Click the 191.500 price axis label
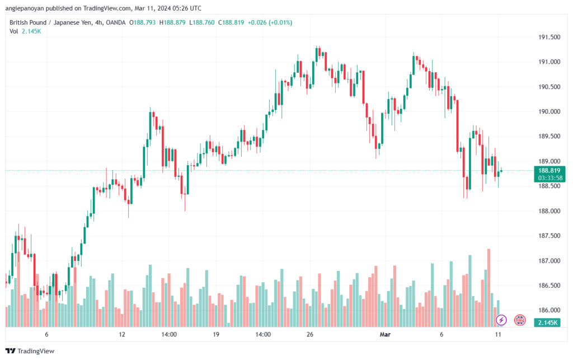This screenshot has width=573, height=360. tap(549, 37)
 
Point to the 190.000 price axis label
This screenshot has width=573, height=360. tap(549, 111)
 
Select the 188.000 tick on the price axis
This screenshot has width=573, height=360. tap(549, 211)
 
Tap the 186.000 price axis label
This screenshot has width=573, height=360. tap(549, 310)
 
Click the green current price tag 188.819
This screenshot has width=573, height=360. tap(549, 170)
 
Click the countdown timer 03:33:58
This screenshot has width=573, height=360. tap(550, 178)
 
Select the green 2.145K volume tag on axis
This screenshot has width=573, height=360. tap(547, 322)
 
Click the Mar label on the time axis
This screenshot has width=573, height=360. tap(385, 334)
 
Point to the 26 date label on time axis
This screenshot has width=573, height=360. tap(310, 334)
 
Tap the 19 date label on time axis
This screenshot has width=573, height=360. tap(216, 334)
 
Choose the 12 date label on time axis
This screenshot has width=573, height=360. tap(121, 334)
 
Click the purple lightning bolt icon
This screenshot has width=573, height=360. tap(501, 320)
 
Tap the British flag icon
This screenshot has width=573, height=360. tap(520, 320)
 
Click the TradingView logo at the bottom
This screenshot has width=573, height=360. tap(30, 351)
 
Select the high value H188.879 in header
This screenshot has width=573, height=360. tap(172, 22)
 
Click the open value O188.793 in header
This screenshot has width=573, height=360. tap(142, 22)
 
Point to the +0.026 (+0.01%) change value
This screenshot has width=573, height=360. tap(270, 22)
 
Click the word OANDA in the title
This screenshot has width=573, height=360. tap(115, 22)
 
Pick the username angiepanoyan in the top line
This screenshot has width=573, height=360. tap(25, 8)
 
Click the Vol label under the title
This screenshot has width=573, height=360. tap(13, 31)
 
